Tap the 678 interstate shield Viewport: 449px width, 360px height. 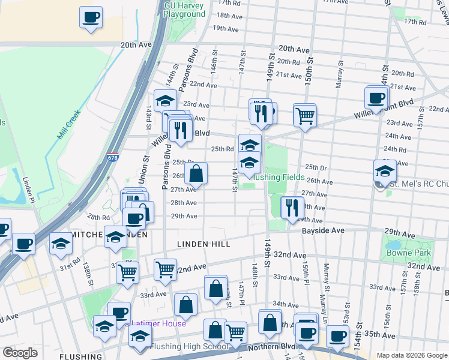click(x=113, y=158)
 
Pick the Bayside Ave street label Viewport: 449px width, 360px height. click(x=323, y=230)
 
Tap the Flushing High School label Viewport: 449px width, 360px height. click(x=189, y=346)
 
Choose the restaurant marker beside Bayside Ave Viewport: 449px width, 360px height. click(x=292, y=208)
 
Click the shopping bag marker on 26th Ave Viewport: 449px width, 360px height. click(x=196, y=175)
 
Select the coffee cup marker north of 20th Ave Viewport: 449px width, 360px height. click(x=91, y=17)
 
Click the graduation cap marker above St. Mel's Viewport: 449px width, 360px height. click(x=385, y=172)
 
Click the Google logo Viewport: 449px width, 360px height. click(x=20, y=353)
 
